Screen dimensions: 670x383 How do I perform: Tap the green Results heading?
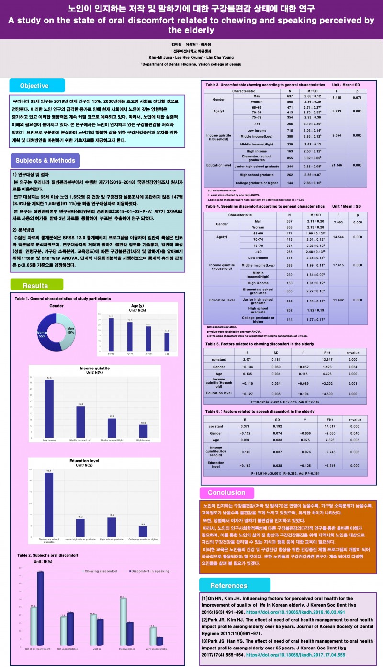click(35, 286)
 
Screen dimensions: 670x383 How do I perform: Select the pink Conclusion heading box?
click(226, 493)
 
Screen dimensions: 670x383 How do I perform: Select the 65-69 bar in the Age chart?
click(111, 335)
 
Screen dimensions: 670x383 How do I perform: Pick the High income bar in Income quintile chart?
click(143, 430)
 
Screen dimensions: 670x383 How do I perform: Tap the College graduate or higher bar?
click(143, 532)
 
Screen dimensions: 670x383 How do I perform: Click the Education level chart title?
click(84, 460)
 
